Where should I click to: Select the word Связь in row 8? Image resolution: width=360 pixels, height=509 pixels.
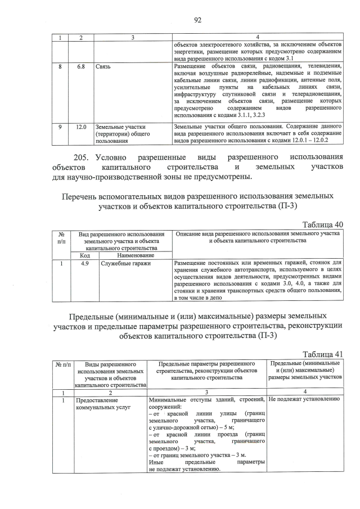(x=103, y=66)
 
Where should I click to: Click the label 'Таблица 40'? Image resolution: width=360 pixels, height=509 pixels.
(x=322, y=224)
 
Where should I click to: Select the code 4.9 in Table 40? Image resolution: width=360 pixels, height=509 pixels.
(x=81, y=263)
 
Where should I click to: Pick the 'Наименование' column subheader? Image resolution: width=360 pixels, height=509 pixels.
(x=133, y=255)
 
